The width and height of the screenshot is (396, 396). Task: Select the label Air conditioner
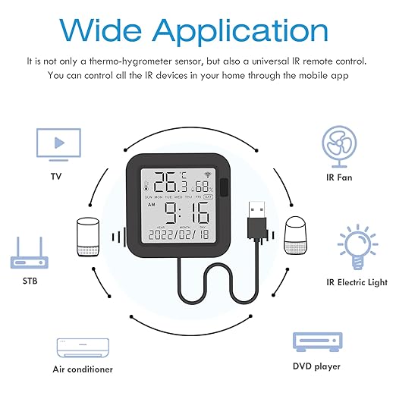point(83,369)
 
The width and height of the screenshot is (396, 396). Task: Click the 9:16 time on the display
point(186,210)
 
